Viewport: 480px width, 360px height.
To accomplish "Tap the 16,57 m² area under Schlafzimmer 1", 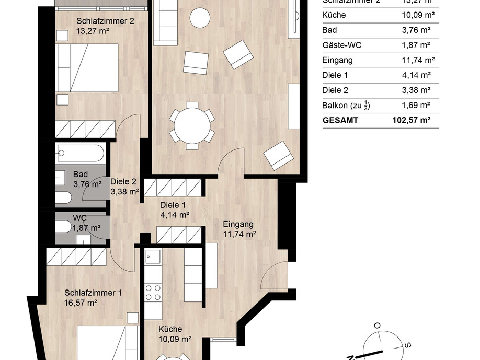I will coord(82,303).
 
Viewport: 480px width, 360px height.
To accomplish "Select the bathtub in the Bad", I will coord(80,154).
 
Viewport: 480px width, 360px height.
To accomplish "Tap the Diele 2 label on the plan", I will coord(124,182).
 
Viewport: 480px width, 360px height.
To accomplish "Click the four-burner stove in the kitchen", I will coord(153,292).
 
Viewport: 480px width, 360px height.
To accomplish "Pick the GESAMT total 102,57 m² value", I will coord(411,120).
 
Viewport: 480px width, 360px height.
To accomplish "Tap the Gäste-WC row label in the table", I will coord(342,45).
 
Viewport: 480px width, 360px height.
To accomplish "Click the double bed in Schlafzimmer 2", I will coord(87,68).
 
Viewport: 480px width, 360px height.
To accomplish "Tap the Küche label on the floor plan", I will coord(170,329).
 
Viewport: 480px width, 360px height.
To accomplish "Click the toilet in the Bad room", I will coord(64,198).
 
